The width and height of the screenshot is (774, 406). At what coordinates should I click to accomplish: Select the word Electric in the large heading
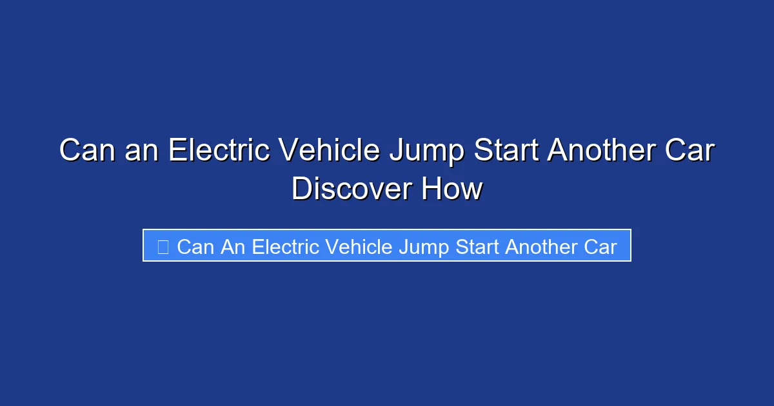click(x=219, y=151)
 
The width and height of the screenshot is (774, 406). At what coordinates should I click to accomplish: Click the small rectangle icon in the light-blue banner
click(x=163, y=247)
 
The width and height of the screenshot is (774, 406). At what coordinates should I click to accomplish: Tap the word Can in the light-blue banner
click(x=195, y=247)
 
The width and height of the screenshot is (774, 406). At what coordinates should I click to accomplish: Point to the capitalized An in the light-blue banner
click(x=233, y=247)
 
